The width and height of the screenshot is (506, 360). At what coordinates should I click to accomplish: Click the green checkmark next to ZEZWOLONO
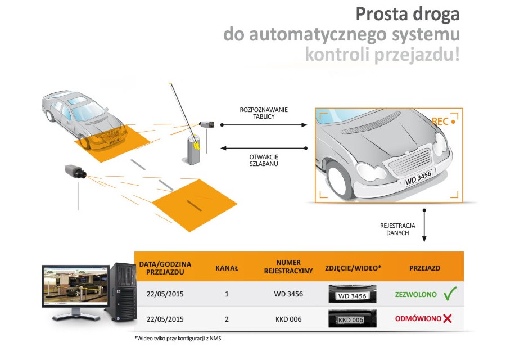[x=450, y=293]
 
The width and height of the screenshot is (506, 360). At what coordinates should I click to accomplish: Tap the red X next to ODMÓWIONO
[x=448, y=319]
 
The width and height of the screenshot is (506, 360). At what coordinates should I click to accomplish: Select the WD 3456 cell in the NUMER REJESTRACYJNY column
[x=288, y=294]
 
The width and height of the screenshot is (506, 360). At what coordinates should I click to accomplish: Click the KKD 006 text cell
[x=288, y=319]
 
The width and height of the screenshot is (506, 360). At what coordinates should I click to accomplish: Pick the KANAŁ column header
[x=227, y=268]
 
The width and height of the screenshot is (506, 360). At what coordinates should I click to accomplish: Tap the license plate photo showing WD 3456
[x=352, y=294]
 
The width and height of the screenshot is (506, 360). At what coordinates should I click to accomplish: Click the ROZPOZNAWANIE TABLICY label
[x=264, y=113]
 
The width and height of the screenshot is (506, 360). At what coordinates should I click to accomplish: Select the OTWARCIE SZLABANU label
[x=264, y=160]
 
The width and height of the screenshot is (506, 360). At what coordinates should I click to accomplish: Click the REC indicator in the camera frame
[x=442, y=121]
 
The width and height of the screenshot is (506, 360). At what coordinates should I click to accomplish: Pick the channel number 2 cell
[x=227, y=319]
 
